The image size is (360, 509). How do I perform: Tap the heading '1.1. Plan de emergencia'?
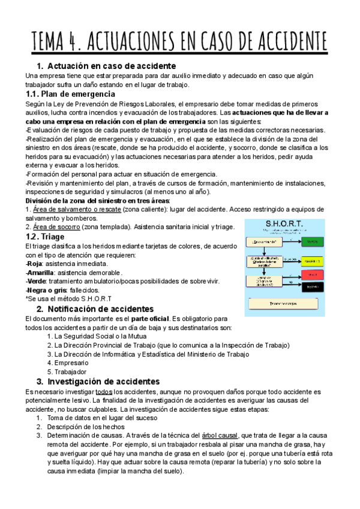[x=70, y=94]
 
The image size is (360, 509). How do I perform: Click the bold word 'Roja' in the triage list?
[x=36, y=264]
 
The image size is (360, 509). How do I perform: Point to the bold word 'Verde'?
[x=38, y=282]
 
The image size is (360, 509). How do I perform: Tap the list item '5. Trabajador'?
[x=67, y=372]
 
